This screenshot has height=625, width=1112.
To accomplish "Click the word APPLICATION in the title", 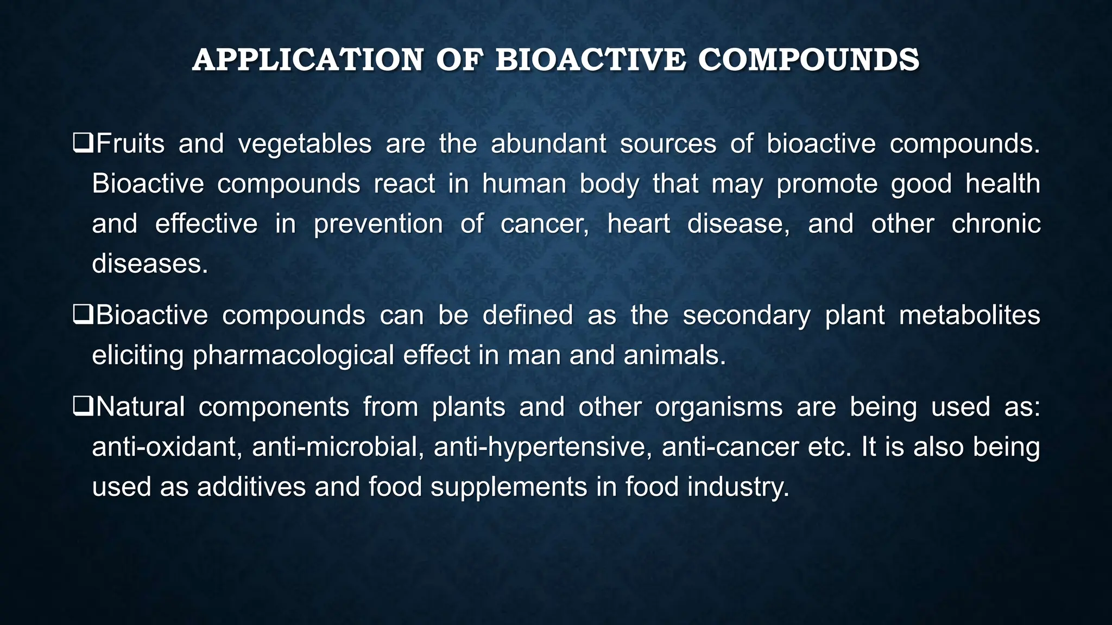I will pos(307,60).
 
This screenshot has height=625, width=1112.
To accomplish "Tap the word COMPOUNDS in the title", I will pos(808,60).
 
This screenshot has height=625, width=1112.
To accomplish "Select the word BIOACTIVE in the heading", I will pos(590,60).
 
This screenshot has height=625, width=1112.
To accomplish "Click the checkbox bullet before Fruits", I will pos(83,144).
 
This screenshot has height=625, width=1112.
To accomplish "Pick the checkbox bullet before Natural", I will pos(83,406).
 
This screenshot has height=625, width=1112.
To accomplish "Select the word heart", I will pos(639,224).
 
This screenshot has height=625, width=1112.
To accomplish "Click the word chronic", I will pos(995,224).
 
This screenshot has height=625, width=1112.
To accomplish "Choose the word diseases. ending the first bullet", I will pos(150,264).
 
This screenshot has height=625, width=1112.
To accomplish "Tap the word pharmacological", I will pos(293,356).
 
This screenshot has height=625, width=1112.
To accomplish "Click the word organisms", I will pos(718,407).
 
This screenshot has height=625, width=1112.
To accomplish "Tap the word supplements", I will pos(509,487).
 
